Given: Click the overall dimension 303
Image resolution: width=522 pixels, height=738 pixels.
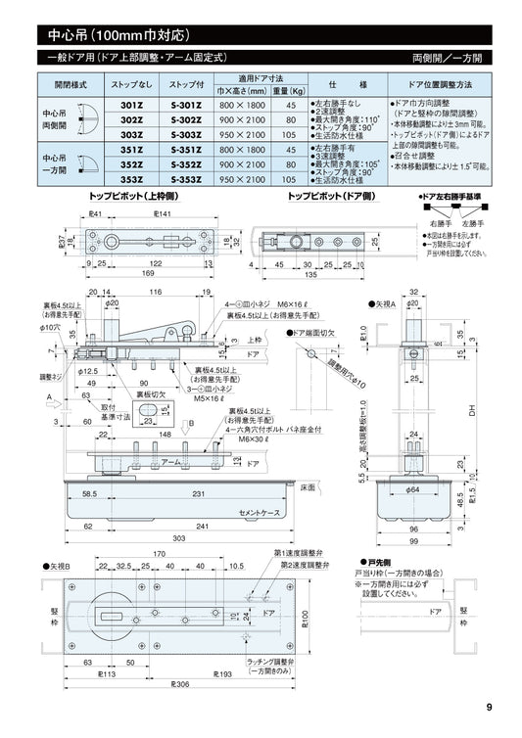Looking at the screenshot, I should coord(180,538).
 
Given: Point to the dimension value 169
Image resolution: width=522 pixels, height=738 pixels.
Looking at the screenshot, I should coord(147,274).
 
